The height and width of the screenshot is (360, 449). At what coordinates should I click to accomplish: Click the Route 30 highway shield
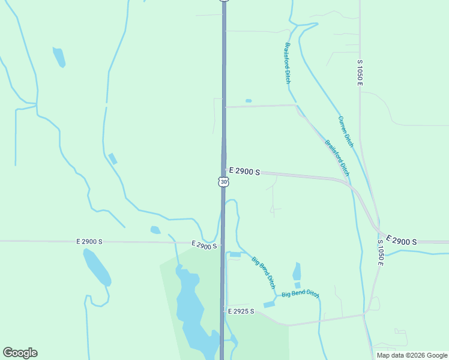tap(223, 181)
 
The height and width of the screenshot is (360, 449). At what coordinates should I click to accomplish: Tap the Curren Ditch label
tap(346, 131)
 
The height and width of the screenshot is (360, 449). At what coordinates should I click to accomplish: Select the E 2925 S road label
tap(241, 311)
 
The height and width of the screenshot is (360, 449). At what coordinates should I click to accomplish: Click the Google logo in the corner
tap(20, 353)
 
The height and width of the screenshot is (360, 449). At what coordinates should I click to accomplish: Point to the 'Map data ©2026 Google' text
tap(412, 355)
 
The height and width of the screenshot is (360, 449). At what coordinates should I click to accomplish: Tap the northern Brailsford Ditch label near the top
tap(288, 62)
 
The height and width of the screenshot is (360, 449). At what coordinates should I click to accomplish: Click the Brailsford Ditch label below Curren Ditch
tap(337, 157)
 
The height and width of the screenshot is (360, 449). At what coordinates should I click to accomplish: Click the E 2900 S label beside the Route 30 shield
tap(244, 172)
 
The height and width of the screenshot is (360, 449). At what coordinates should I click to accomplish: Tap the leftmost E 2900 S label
tap(89, 241)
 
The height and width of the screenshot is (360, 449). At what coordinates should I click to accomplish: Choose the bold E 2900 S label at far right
tap(402, 241)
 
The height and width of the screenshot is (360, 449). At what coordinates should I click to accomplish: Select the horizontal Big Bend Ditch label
tap(300, 293)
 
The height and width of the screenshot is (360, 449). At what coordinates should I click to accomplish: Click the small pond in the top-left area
tap(59, 56)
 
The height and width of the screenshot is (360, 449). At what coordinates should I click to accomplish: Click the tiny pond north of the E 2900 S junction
tap(249, 101)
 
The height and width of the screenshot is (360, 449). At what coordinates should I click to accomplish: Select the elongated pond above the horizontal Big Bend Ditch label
tap(297, 271)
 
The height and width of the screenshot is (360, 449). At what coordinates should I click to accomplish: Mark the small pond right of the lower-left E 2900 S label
tap(155, 230)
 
